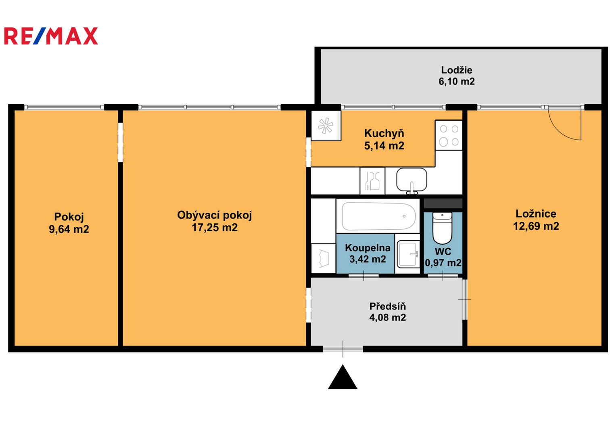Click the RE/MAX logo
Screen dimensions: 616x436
[x=51, y=36]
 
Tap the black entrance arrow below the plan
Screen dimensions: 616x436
[x=342, y=377]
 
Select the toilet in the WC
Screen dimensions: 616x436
[x=442, y=228]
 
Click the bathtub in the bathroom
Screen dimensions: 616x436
[x=379, y=216]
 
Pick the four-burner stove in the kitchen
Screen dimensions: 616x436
[x=449, y=135]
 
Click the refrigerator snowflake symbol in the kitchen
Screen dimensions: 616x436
[x=325, y=126]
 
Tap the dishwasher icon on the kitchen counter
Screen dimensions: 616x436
[x=372, y=181]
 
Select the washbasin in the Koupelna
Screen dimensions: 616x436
[x=408, y=254]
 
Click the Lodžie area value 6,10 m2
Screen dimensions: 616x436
[x=457, y=82]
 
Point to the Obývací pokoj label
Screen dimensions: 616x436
[x=215, y=216]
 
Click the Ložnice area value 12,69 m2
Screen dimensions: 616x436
[x=536, y=226]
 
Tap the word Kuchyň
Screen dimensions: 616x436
[x=384, y=134]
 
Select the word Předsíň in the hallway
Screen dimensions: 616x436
[x=388, y=306]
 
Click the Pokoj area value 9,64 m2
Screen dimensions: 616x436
[x=69, y=229]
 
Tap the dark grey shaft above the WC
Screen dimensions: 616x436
[x=443, y=203]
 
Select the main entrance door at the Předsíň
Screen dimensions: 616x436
[x=342, y=349]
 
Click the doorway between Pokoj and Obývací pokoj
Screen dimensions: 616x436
[x=121, y=142]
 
